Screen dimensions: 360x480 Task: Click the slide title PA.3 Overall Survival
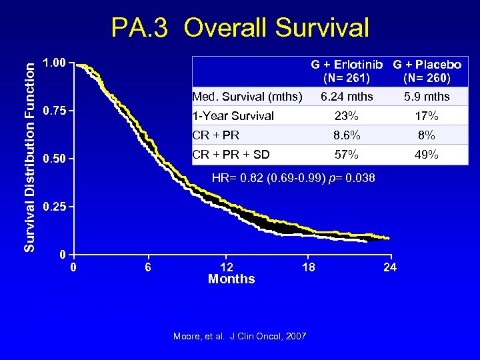click(239, 28)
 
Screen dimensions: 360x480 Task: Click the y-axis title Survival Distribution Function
click(30, 153)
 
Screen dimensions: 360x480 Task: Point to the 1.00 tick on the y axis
click(54, 63)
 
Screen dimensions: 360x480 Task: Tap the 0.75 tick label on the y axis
click(54, 111)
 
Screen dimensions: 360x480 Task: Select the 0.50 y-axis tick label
click(54, 159)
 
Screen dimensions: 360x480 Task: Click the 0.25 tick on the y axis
click(54, 206)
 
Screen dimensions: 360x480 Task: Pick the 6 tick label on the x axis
click(148, 267)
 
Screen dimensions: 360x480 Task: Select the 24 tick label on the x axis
click(391, 267)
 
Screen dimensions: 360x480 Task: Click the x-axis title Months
click(231, 279)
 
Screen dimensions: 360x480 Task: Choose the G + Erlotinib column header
click(347, 65)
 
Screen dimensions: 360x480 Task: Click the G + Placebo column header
click(427, 65)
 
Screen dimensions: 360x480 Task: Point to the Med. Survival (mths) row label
click(247, 97)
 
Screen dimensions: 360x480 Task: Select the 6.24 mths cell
click(347, 97)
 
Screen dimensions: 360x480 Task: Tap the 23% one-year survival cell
click(347, 116)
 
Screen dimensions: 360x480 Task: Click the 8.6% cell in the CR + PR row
click(347, 135)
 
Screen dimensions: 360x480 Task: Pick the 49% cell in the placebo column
click(427, 155)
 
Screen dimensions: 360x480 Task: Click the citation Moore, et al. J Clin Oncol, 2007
click(239, 336)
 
